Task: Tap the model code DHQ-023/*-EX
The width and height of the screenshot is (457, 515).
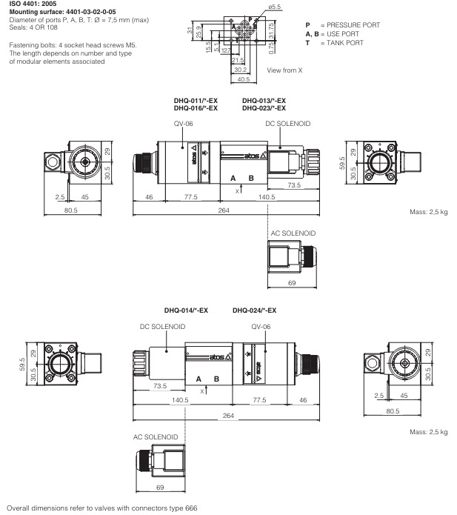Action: click(264, 108)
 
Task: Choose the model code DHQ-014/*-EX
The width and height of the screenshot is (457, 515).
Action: click(187, 310)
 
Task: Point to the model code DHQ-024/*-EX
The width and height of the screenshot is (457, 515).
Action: click(254, 310)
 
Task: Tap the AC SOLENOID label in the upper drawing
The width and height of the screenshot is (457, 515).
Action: click(293, 233)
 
